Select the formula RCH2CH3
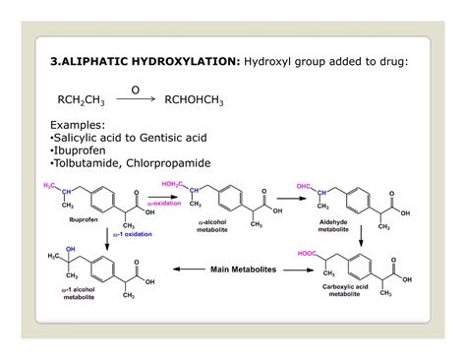point(81,99)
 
